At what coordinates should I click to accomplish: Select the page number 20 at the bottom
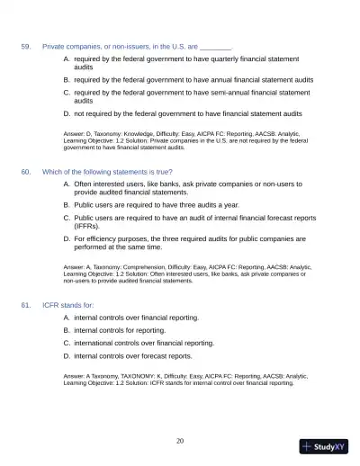coord(180,440)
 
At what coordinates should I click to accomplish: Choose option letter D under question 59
coord(66,114)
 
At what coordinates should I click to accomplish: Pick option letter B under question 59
coord(66,79)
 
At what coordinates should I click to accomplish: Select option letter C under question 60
coord(66,217)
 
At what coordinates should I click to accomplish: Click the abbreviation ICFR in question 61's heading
coord(51,305)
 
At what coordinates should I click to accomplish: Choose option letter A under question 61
coord(66,318)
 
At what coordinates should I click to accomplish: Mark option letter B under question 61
coord(66,330)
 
